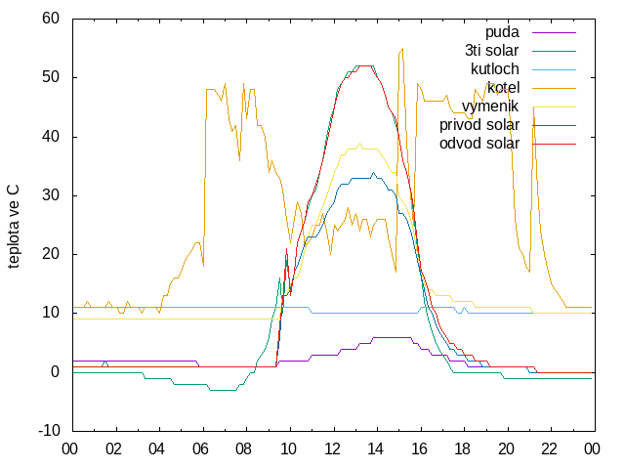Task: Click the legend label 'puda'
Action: (x=502, y=32)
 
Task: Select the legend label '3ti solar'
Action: (x=492, y=51)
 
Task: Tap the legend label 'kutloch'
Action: (x=495, y=69)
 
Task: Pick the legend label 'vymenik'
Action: (x=490, y=107)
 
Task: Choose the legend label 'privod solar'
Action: (x=479, y=125)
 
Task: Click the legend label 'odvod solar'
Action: (x=479, y=144)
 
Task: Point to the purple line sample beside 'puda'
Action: (x=554, y=32)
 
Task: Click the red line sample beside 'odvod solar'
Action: (x=554, y=144)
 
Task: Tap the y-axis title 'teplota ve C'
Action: (x=14, y=226)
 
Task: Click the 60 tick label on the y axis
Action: (x=51, y=19)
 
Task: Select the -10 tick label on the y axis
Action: (x=50, y=431)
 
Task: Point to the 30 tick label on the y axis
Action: (x=51, y=195)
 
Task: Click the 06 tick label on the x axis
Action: (x=200, y=449)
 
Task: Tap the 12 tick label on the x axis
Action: (x=332, y=449)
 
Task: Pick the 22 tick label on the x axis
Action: (x=549, y=449)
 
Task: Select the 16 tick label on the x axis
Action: (x=419, y=449)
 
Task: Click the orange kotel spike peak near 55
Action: (x=402, y=48)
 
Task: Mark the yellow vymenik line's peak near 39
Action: (x=360, y=144)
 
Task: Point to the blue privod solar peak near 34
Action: (x=373, y=173)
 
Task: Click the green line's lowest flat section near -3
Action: (x=223, y=390)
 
